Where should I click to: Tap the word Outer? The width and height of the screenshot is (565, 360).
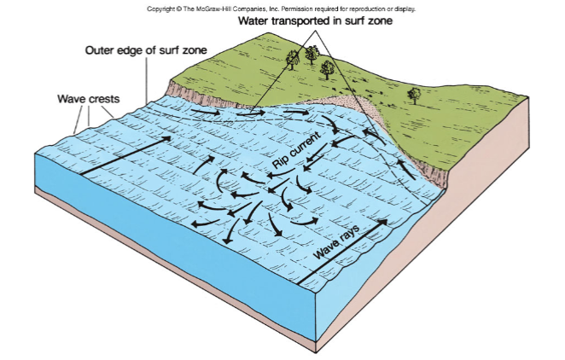pyautogui.click(x=101, y=51)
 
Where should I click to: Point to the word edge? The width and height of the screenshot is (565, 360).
pyautogui.click(x=137, y=51)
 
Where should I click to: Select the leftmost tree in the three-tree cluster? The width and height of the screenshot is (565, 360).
pyautogui.click(x=295, y=58)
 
